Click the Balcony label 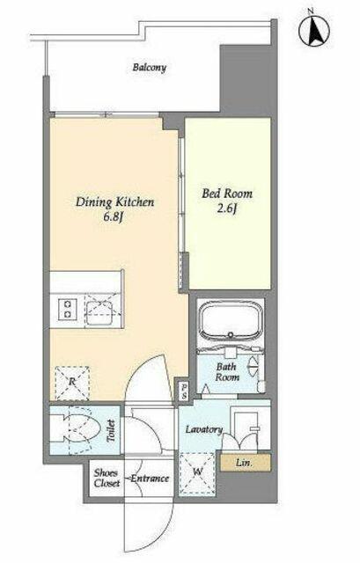coord(149,68)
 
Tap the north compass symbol coord(315,30)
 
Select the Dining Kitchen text coord(114,202)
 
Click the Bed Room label coord(227,194)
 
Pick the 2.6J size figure coord(227,208)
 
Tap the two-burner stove coord(68,309)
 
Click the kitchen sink coord(103,309)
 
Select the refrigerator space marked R coord(72,384)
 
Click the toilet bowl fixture coord(78,429)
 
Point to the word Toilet coord(111,431)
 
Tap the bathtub coord(231,320)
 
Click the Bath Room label coord(227,372)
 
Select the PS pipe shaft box coord(184,391)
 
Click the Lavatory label coord(203,429)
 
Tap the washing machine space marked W coord(197,472)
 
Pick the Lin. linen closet coord(246,463)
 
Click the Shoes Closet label coord(107,479)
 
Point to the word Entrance coord(150,479)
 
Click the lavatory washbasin coord(246,427)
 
